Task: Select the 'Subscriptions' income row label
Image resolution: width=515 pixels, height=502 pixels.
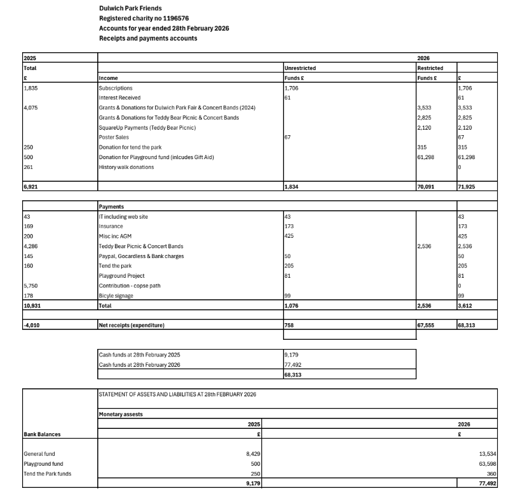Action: [115, 88]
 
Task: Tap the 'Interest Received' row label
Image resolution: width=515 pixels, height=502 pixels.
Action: [119, 98]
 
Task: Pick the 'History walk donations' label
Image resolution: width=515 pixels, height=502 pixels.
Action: [126, 167]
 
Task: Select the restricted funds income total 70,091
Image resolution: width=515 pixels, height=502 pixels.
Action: [426, 186]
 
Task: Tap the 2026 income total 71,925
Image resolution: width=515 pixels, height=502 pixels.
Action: [467, 186]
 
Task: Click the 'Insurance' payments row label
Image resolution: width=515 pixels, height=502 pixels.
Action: [111, 227]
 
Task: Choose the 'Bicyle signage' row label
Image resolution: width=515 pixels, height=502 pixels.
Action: [116, 296]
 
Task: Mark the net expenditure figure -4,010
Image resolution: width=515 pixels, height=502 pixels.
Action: [31, 326]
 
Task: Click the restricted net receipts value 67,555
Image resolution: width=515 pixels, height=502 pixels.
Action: [426, 326]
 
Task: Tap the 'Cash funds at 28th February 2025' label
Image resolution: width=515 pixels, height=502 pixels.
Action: [140, 355]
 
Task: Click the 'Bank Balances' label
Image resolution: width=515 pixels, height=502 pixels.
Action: [42, 434]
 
